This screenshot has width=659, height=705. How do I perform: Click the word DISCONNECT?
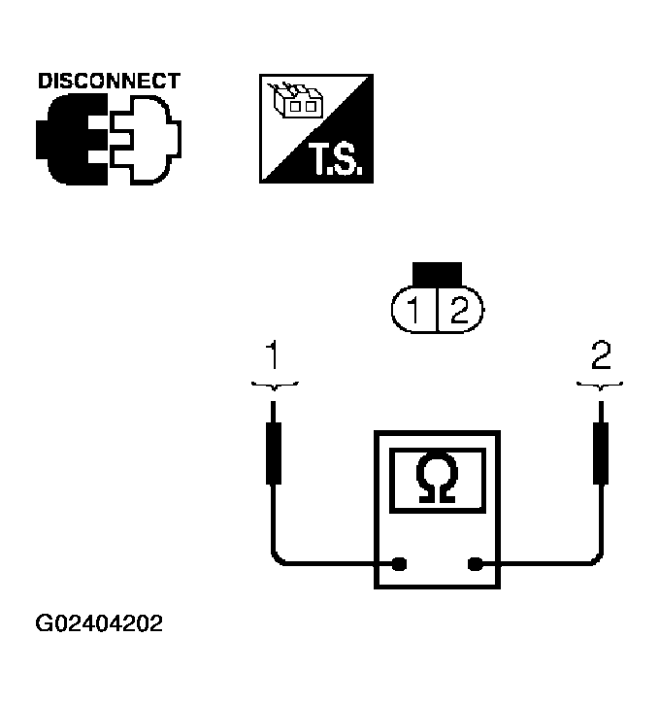pyautogui.click(x=109, y=81)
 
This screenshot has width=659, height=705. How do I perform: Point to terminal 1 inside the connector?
pyautogui.click(x=414, y=312)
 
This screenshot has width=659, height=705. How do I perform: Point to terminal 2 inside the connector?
pyautogui.click(x=458, y=312)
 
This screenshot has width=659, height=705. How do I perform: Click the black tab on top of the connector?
pyautogui.click(x=437, y=275)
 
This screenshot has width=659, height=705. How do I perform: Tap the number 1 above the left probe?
pyautogui.click(x=274, y=356)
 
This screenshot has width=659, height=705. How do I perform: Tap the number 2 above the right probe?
pyautogui.click(x=602, y=356)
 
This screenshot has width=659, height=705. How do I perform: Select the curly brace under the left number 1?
pyautogui.click(x=274, y=386)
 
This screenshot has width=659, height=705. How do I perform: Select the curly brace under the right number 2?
pyautogui.click(x=602, y=386)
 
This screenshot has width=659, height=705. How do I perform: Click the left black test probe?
pyautogui.click(x=274, y=453)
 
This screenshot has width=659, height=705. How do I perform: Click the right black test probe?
pyautogui.click(x=602, y=453)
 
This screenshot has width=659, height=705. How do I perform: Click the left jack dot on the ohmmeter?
pyautogui.click(x=399, y=563)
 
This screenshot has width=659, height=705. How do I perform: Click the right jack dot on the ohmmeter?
pyautogui.click(x=476, y=563)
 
